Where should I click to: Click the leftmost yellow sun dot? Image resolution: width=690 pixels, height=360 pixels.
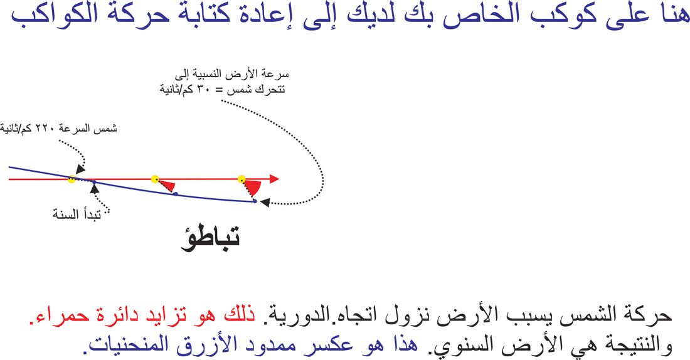tap(72, 179)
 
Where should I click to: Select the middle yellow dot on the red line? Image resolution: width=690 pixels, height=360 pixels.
tap(155, 179)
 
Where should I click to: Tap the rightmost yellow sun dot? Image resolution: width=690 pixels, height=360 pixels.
tap(242, 179)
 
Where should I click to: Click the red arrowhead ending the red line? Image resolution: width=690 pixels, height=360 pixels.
tap(274, 179)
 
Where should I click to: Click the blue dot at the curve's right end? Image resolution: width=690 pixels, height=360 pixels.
tap(255, 201)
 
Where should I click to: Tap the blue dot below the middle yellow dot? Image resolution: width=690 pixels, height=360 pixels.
tap(175, 194)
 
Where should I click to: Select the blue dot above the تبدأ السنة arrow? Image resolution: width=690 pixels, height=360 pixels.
tap(93, 182)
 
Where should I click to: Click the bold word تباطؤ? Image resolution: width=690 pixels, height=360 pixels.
tap(210, 239)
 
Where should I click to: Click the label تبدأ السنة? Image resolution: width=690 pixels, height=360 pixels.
tap(77, 214)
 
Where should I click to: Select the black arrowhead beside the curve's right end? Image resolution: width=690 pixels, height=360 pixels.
tap(265, 203)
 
